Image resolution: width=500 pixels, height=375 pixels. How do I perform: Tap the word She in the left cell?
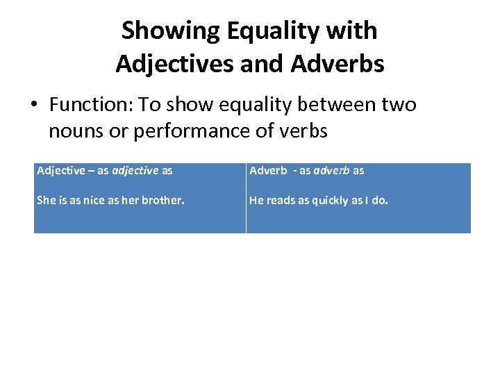[45, 201]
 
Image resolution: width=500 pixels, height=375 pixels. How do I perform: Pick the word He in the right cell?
[256, 201]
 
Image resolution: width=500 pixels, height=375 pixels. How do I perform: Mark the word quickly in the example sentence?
[328, 201]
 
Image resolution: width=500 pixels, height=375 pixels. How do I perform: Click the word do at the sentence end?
[380, 201]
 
